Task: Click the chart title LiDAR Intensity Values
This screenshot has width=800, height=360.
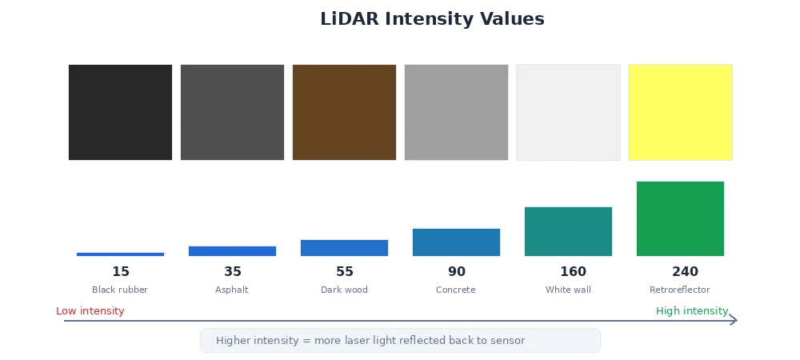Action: click(432, 19)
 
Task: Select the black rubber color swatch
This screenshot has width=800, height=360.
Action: click(120, 112)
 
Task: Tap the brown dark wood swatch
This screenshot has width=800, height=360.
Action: click(344, 112)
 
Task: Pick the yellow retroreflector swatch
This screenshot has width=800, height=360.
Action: click(680, 112)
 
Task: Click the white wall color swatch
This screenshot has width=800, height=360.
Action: click(568, 112)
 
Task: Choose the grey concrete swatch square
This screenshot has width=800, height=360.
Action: click(456, 112)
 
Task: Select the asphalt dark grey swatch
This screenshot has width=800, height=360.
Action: click(232, 112)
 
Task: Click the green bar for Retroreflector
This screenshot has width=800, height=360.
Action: click(680, 218)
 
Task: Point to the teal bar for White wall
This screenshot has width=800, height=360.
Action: click(568, 231)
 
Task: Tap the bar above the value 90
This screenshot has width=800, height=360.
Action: click(456, 242)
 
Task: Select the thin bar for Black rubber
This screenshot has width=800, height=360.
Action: click(120, 254)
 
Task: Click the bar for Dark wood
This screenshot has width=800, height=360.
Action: click(344, 248)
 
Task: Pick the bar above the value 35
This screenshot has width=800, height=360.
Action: click(232, 251)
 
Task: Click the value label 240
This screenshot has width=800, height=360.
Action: click(685, 272)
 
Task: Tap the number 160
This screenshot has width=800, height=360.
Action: click(573, 272)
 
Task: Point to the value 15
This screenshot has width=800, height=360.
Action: click(121, 272)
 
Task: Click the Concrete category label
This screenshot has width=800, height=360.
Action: click(456, 290)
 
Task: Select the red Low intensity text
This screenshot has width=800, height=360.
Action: click(90, 311)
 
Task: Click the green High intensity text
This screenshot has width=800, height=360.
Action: click(692, 311)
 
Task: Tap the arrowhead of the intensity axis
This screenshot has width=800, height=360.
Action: click(734, 320)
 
